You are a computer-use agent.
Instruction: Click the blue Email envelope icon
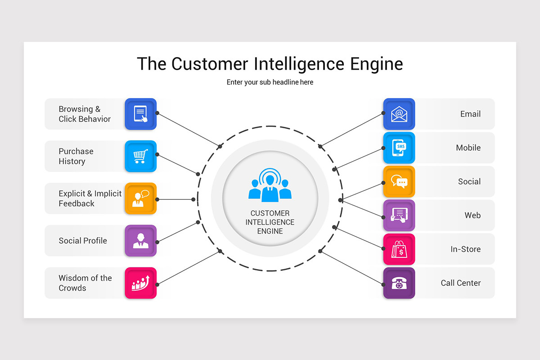pyautogui.click(x=399, y=114)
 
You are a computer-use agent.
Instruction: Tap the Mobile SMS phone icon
pyautogui.click(x=399, y=148)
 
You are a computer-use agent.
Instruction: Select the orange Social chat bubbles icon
pyautogui.click(x=399, y=182)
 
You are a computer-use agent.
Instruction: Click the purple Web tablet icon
pyautogui.click(x=399, y=216)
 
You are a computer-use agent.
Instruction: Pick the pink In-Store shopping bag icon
pyautogui.click(x=399, y=249)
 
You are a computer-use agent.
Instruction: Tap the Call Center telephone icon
pyautogui.click(x=399, y=283)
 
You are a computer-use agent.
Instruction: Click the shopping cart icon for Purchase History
pyautogui.click(x=140, y=156)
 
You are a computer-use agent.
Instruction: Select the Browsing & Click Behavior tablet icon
pyautogui.click(x=140, y=114)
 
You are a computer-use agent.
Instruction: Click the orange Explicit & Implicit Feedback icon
pyautogui.click(x=140, y=198)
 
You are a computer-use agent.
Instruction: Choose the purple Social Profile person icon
pyautogui.click(x=140, y=241)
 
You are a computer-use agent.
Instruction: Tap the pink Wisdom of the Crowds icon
pyautogui.click(x=140, y=283)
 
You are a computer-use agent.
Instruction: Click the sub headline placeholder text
pyautogui.click(x=270, y=82)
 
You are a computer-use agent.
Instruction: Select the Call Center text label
pyautogui.click(x=460, y=283)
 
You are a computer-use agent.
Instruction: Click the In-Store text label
pyautogui.click(x=465, y=249)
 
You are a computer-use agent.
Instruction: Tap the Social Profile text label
pyautogui.click(x=83, y=241)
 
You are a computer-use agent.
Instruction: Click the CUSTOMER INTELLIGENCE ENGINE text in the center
pyautogui.click(x=270, y=222)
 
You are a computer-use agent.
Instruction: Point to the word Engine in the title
pyautogui.click(x=376, y=64)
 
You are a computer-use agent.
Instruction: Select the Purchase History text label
pyautogui.click(x=76, y=156)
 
